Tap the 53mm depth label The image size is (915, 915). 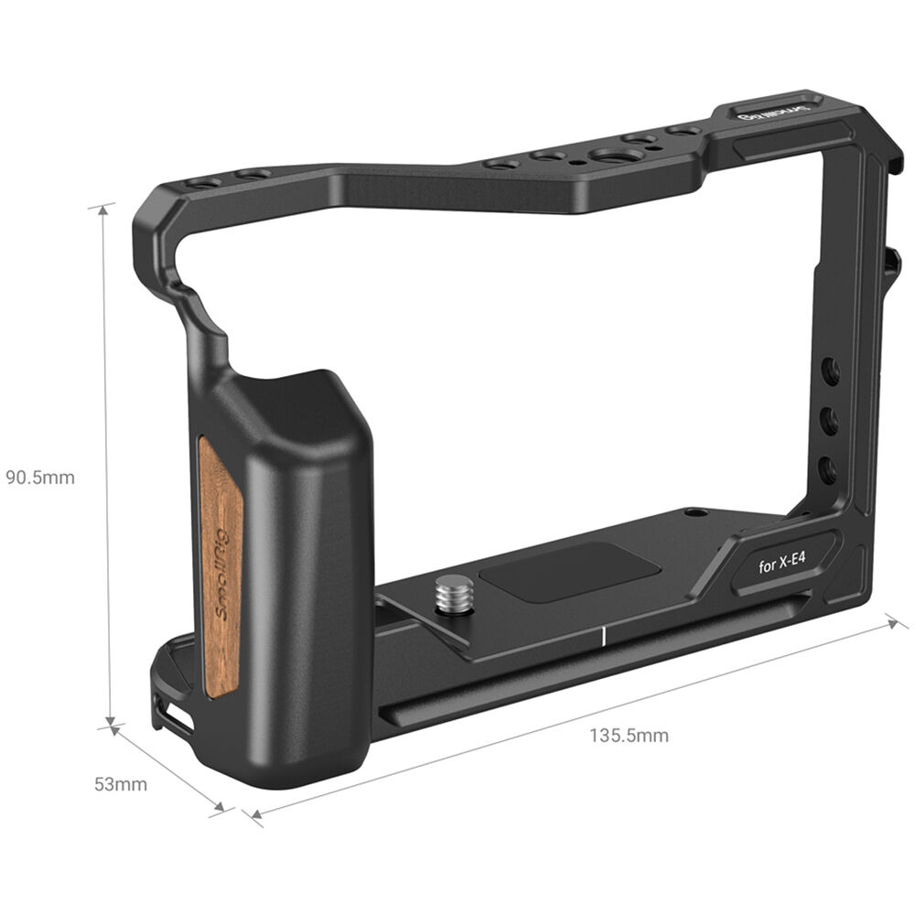pos(120,784)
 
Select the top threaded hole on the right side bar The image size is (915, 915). pos(831,371)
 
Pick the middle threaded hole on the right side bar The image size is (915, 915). pos(829,422)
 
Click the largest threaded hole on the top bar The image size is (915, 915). pos(608,156)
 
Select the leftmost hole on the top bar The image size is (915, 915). pos(203,183)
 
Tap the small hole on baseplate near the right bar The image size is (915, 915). pos(698,514)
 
